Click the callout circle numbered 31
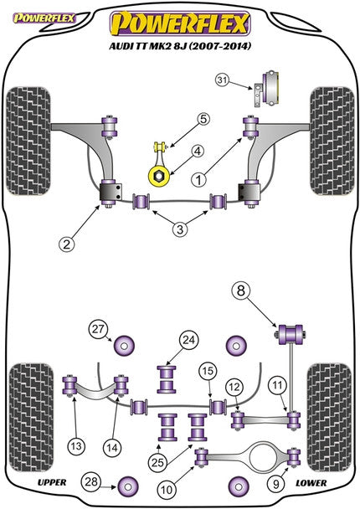[x=221, y=80]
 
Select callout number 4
[x=198, y=152]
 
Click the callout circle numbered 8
[x=242, y=291]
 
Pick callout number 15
[x=207, y=370]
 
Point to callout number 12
[x=234, y=386]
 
